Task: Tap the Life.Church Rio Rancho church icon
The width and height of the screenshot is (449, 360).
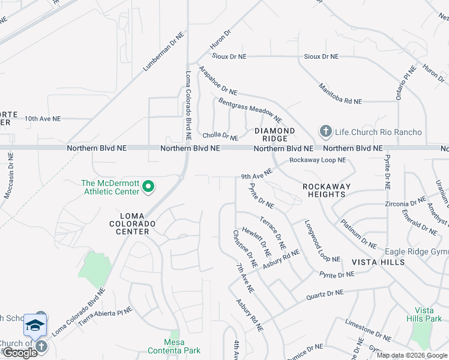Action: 325,131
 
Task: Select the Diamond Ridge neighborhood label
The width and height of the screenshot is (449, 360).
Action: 275,134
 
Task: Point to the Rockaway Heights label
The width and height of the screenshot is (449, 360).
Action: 326,190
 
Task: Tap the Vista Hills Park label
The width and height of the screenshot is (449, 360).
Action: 424,314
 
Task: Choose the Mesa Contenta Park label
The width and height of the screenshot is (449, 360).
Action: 175,346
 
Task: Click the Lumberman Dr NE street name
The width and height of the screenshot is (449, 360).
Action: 162,53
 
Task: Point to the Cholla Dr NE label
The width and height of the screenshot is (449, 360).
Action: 220,137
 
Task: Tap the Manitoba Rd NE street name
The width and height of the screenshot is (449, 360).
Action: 340,94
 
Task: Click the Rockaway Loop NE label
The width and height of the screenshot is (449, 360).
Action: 318,160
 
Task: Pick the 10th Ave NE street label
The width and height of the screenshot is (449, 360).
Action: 43,119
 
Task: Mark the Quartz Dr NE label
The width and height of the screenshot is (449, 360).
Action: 325,294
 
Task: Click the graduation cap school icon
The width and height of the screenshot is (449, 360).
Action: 35,326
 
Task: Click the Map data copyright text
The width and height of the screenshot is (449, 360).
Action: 412,355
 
